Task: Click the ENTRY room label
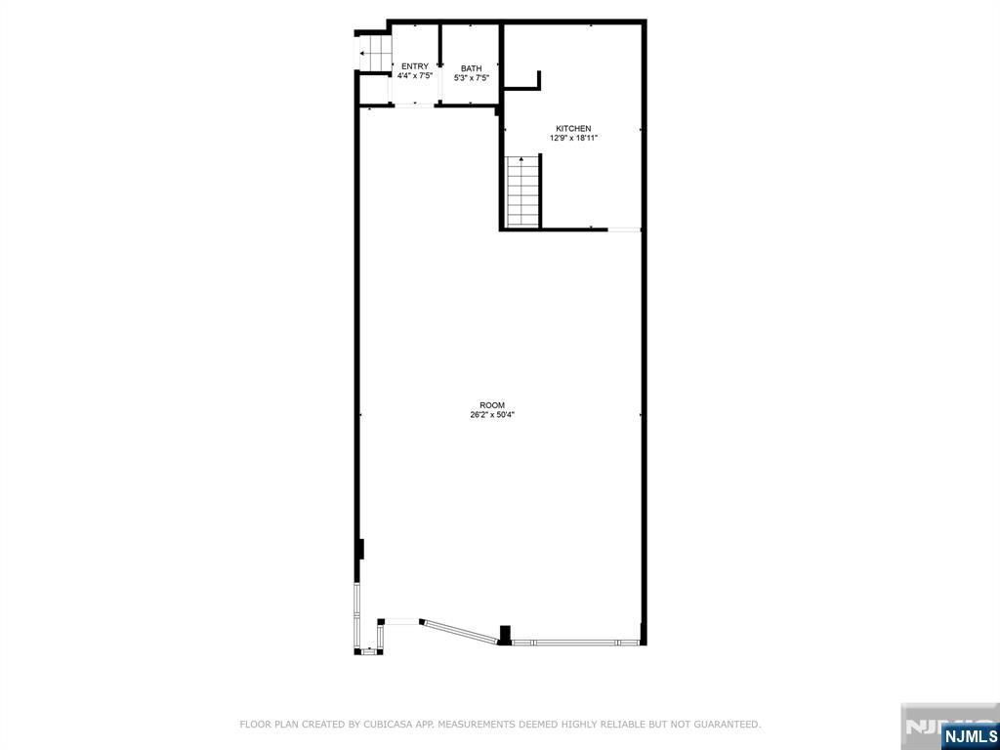click(414, 66)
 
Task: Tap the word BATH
click(472, 68)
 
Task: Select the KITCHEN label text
click(573, 129)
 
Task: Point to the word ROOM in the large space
click(492, 405)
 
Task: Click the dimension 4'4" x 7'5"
click(414, 76)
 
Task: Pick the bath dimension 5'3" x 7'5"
click(472, 78)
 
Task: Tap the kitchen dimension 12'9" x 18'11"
click(573, 139)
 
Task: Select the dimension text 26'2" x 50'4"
click(492, 415)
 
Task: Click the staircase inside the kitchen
click(523, 193)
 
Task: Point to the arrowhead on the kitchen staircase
click(522, 158)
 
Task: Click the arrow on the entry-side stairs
click(363, 54)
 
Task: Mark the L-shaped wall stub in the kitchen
click(535, 82)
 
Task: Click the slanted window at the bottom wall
click(459, 631)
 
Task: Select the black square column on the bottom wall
click(505, 635)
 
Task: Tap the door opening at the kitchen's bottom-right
click(624, 229)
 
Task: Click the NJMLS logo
click(969, 735)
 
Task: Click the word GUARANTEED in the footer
click(727, 725)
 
